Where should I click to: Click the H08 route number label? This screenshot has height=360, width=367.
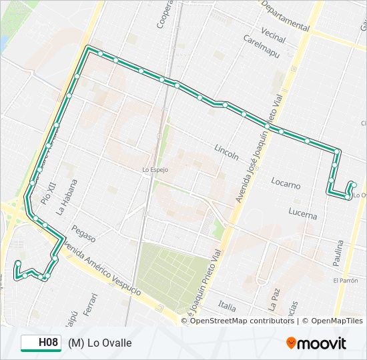point(47,343)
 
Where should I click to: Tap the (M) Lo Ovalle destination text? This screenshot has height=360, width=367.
point(99,343)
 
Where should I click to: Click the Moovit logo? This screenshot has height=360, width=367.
point(316,343)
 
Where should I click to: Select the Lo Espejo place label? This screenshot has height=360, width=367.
point(155,170)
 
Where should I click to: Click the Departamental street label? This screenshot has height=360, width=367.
point(286,15)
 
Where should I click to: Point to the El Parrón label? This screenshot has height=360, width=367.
point(346,281)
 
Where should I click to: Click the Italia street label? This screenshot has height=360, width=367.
point(227,306)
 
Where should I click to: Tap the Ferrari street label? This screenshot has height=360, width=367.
point(92,303)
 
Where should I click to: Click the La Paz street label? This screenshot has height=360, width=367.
point(272,299)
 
